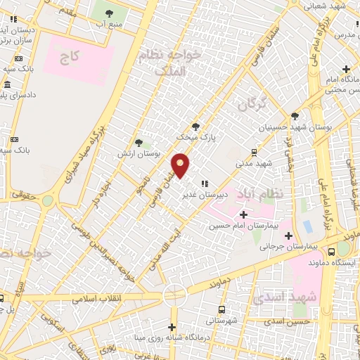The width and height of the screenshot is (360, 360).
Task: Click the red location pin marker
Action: click(181, 166)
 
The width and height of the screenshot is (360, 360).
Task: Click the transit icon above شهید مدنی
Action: click(254, 152)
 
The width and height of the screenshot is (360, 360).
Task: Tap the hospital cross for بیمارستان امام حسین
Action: click(243, 214)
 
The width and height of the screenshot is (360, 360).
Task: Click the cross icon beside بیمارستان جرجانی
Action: click(289, 236)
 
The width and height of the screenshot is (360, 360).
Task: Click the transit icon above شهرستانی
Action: click(222, 310)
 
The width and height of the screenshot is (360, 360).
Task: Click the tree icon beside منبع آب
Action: click(109, 13)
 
